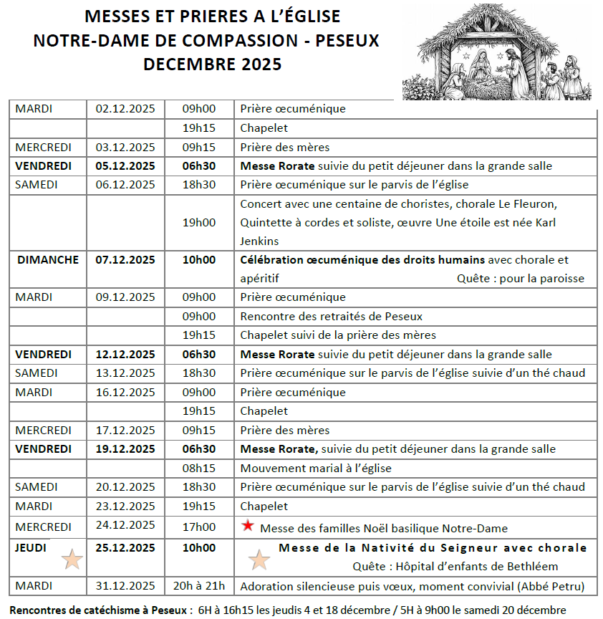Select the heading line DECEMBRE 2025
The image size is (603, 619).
coord(212,64)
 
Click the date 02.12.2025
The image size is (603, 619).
coord(125,109)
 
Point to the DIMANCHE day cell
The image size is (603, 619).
coord(48,259)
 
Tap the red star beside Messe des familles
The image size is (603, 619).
coord(248,526)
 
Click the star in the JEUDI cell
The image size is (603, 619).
coord(72,558)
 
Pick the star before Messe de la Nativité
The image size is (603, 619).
coord(259,559)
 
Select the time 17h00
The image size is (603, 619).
coord(199,527)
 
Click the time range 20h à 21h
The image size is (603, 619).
coord(199,586)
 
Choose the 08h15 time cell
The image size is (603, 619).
coord(199,468)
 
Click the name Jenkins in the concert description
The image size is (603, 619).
coord(260,241)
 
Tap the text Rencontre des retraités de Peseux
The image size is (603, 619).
coord(331,316)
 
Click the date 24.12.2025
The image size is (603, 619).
coord(125,525)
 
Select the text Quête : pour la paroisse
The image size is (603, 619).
coord(520,278)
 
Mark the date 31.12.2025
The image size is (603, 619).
coord(125,586)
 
